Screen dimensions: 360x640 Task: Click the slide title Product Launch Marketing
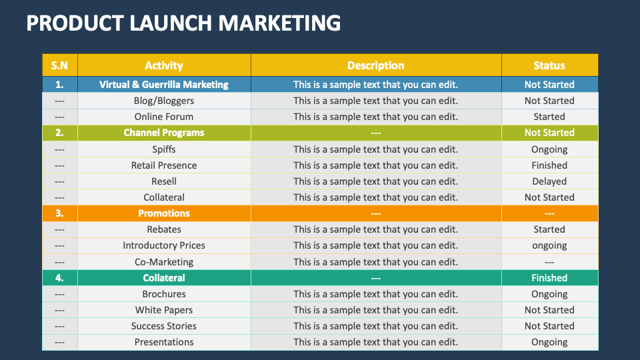[x=183, y=23]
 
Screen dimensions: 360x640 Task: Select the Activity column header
[x=164, y=65]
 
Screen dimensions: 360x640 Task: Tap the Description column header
[x=375, y=65]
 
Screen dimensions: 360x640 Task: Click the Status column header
[x=549, y=65]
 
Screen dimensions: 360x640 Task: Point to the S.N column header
[x=60, y=65]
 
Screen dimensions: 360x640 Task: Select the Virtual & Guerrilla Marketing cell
[x=164, y=85]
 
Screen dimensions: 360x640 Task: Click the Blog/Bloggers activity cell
[x=164, y=101]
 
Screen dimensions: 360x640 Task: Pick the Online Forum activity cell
[x=164, y=117]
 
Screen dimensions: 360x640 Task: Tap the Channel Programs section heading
[x=164, y=133]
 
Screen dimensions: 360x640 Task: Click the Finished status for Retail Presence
[x=549, y=165]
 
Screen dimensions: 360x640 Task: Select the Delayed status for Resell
[x=549, y=181]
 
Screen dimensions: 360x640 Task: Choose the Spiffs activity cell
[x=164, y=149]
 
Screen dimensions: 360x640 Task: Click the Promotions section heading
[x=164, y=213]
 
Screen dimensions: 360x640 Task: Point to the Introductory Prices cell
[x=164, y=245]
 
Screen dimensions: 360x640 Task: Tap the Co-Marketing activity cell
[x=164, y=262]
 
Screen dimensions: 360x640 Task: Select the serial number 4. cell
[x=60, y=278]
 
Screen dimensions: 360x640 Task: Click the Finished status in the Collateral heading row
[x=549, y=278]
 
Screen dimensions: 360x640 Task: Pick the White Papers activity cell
[x=164, y=310]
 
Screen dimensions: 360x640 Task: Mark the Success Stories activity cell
[x=164, y=326]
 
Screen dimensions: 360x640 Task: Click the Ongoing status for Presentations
[x=549, y=342]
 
